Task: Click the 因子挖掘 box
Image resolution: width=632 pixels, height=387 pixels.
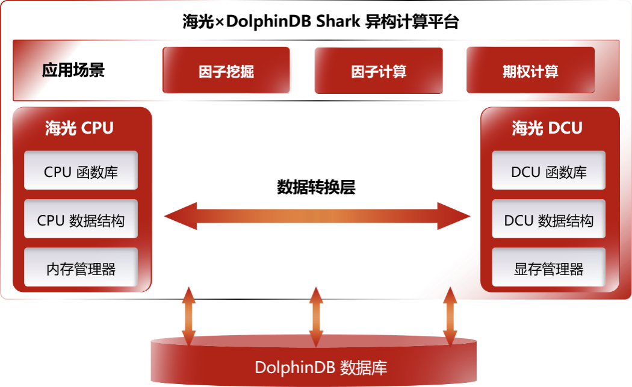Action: click(x=227, y=72)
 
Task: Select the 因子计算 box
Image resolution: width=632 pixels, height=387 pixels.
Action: click(x=379, y=72)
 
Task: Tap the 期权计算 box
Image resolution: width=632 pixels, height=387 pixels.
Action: click(x=530, y=72)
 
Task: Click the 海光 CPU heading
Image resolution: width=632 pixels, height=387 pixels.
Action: click(x=79, y=128)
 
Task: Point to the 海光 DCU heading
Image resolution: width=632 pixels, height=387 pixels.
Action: click(x=547, y=128)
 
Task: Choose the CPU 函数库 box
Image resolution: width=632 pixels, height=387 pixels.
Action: click(x=81, y=172)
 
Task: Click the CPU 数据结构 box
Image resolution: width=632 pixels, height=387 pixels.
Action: click(x=81, y=220)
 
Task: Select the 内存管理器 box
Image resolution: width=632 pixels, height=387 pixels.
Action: click(x=81, y=268)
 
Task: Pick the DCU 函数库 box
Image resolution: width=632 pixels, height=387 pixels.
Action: click(x=548, y=172)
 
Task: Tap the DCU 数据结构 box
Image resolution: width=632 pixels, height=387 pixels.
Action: click(x=548, y=220)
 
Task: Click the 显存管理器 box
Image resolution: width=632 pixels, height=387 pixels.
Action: click(x=548, y=268)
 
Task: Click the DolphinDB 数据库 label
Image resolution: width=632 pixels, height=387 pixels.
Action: click(x=321, y=367)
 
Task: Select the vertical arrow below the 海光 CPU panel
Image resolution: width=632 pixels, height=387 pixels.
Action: click(x=188, y=317)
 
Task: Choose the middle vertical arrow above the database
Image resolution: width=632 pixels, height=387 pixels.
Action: click(x=316, y=317)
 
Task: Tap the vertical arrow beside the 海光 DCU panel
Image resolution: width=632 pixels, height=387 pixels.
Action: click(x=449, y=317)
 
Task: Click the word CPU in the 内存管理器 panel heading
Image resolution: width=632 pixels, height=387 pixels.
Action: click(x=97, y=128)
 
